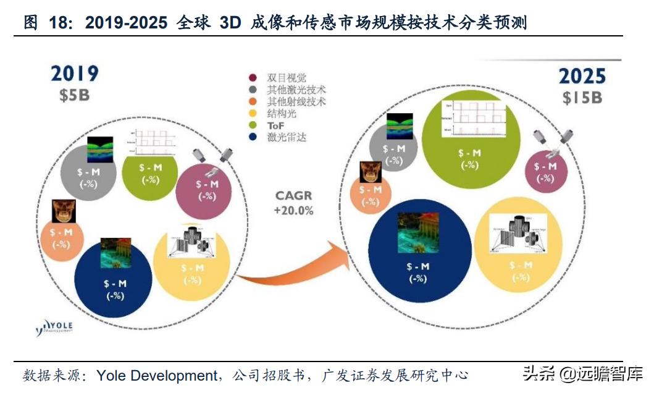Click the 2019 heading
(74, 73)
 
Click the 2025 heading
(582, 76)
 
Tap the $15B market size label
(582, 98)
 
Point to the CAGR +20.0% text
(293, 203)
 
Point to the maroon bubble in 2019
(204, 188)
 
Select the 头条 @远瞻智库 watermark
(582, 374)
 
